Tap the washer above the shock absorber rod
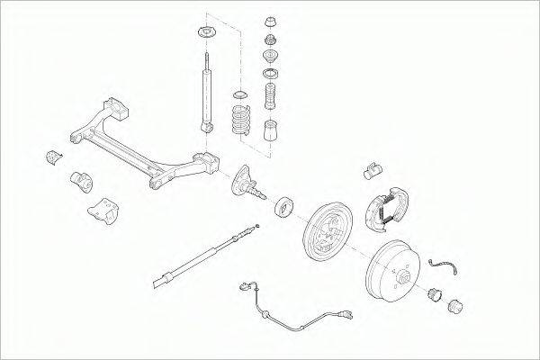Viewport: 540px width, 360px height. [202, 35]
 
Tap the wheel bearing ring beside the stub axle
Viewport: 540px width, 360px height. [284, 206]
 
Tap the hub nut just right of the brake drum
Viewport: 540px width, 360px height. [433, 292]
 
